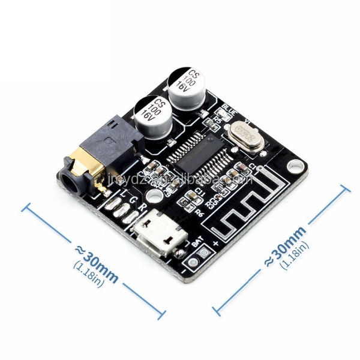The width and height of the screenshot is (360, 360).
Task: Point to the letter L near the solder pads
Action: click(123, 195)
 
